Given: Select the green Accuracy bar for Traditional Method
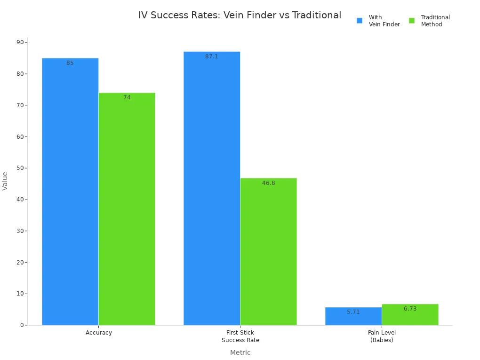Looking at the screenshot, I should click(127, 209).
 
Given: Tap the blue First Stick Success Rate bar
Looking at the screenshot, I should click(212, 188).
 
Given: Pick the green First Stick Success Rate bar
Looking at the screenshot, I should click(268, 251).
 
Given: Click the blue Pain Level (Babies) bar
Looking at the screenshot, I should click(353, 317).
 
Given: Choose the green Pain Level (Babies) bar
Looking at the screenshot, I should click(410, 315).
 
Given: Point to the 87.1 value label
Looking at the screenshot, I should click(212, 56).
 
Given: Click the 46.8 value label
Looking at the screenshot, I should click(268, 183).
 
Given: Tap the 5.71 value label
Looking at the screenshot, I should click(353, 312).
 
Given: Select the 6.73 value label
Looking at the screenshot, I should click(410, 309).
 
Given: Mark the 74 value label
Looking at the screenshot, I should click(127, 97).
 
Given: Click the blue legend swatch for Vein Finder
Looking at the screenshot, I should click(360, 21).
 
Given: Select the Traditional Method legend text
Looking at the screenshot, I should click(435, 21).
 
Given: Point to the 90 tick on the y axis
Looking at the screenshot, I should click(20, 42).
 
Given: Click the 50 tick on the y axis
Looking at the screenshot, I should click(20, 168).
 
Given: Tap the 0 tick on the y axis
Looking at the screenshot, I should click(22, 325).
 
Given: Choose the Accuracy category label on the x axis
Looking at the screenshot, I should click(99, 333).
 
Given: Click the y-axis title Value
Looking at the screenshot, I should click(5, 181).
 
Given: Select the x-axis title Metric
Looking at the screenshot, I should click(240, 352).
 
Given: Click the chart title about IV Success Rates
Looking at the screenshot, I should click(240, 15).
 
